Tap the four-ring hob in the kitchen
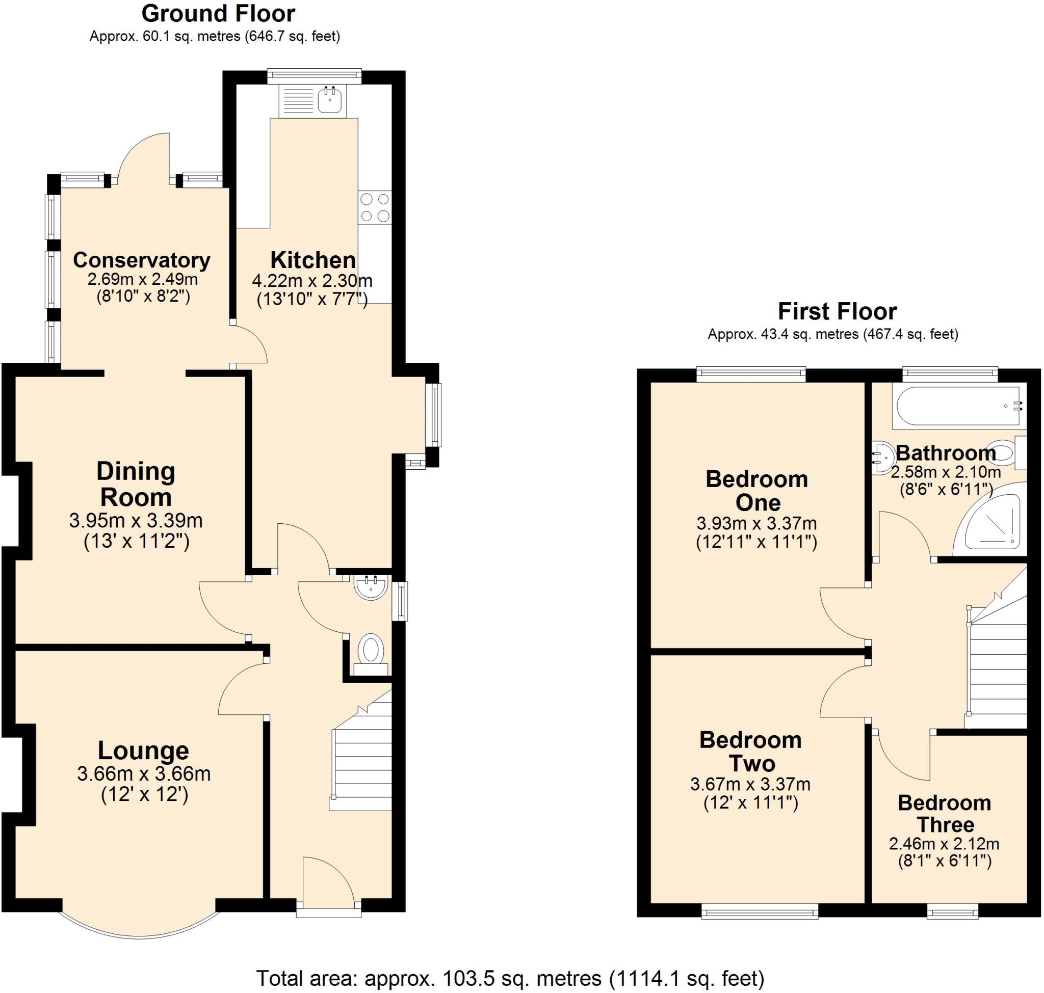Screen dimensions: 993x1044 pyautogui.click(x=375, y=207)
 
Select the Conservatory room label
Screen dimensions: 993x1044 pyautogui.click(x=141, y=260)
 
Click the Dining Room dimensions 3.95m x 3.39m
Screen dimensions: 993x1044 pyautogui.click(x=136, y=521)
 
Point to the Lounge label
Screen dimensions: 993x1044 pyautogui.click(x=143, y=750)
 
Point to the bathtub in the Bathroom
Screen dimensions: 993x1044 pyautogui.click(x=958, y=407)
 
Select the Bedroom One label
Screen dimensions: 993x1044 pyautogui.click(x=756, y=491)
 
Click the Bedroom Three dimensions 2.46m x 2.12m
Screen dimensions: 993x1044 pyautogui.click(x=944, y=844)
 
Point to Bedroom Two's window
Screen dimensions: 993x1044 pyautogui.click(x=760, y=911)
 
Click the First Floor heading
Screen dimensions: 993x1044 pyautogui.click(x=837, y=311)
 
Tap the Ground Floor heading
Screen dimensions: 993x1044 pyautogui.click(x=218, y=14)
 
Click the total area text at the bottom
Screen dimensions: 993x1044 pyautogui.click(x=510, y=978)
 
